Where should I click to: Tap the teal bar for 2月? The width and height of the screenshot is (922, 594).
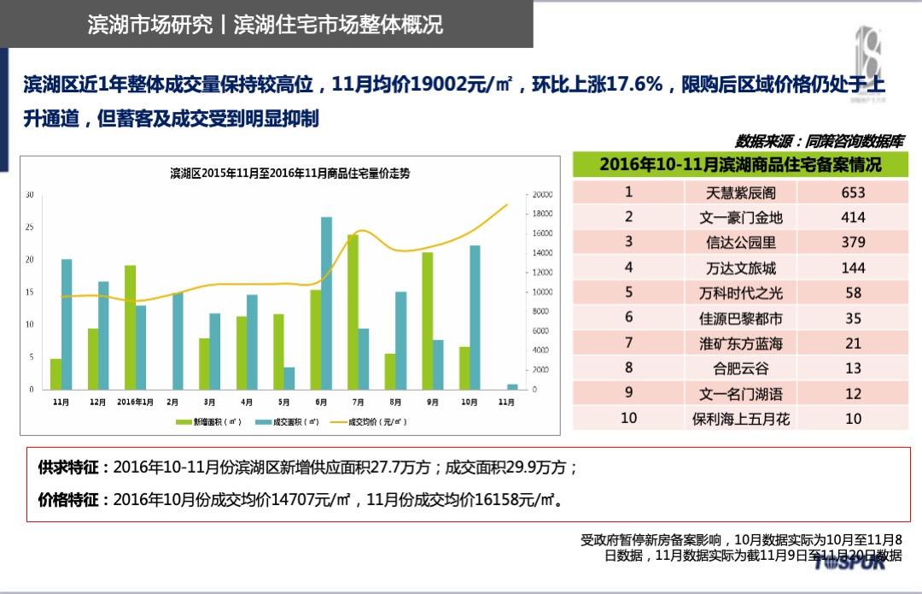(x=178, y=341)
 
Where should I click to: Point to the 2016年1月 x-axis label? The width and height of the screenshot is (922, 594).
(x=135, y=401)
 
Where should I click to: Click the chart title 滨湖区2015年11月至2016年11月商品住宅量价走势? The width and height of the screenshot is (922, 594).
(x=290, y=173)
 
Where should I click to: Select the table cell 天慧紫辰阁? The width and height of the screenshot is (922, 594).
(x=740, y=192)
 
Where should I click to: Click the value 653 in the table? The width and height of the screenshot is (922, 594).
(x=853, y=192)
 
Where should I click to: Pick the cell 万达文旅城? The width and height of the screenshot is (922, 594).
(x=740, y=268)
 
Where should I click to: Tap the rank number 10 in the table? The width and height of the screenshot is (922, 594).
(x=628, y=418)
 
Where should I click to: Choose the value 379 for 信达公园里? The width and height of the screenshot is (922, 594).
(x=853, y=242)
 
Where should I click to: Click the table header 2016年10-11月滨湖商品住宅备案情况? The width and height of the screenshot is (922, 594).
(x=740, y=164)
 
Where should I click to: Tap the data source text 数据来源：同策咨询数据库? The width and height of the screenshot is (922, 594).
(x=819, y=141)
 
